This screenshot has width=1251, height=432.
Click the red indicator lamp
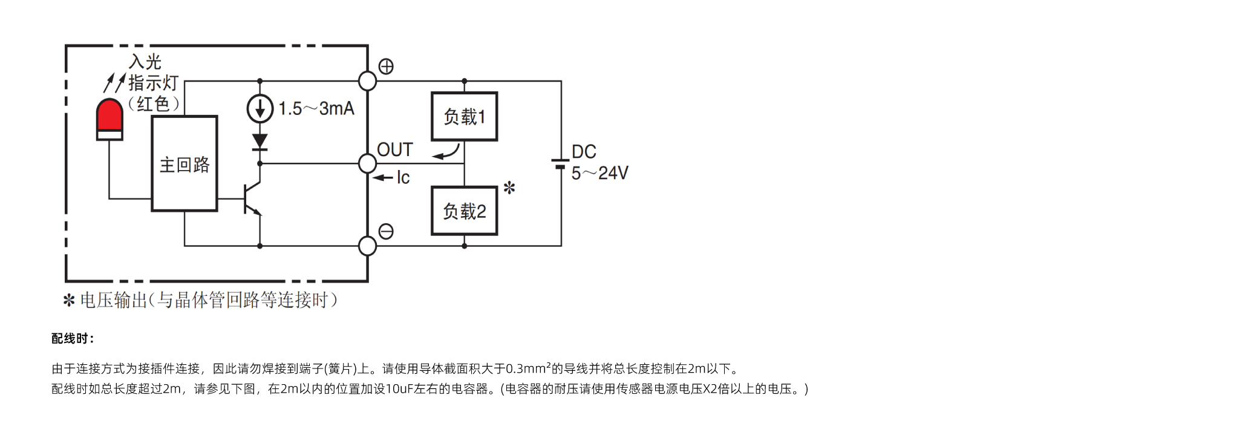pos(109,119)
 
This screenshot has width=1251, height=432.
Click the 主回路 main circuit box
pos(185,163)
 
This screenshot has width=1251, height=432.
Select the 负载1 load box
pos(465,116)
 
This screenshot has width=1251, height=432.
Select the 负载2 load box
pos(465,211)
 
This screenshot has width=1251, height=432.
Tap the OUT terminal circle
pos(367,163)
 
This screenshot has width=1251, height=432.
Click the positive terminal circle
pos(367,80)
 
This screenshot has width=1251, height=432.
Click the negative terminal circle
pos(367,246)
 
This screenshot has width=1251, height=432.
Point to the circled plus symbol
pos(386,66)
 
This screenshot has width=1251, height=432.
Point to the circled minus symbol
pos(386,231)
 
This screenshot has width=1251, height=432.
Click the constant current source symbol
pos(260,109)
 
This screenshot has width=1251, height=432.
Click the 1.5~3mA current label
pos(316,109)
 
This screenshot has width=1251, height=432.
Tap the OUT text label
pos(394,149)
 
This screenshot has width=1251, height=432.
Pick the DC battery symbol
pos(561,163)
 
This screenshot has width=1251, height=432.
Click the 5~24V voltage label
pos(600,173)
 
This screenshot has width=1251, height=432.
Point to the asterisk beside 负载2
pos(509,188)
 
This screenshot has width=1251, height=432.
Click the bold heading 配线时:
pos(73,339)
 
